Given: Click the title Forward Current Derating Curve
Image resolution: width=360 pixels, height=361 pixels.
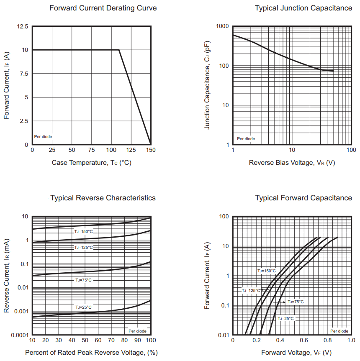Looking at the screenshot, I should coord(103,8).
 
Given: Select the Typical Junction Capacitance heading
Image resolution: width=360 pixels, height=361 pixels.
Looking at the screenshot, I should coord(303,8).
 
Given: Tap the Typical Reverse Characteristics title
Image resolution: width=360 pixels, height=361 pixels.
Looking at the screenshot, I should coord(103,198).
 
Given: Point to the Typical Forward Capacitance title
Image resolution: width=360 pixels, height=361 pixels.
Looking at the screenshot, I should coord(303,198).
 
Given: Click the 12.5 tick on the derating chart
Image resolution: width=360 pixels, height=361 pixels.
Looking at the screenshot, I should coord(23,26).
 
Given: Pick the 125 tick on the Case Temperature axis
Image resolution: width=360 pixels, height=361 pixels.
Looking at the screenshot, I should coord(131,150).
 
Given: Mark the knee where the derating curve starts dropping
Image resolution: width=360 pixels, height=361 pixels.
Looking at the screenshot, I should coord(119,50).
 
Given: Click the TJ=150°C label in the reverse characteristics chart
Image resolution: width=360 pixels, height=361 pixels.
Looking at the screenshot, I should coord(83,231).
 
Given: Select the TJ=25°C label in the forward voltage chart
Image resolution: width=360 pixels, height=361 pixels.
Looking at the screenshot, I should coord(285,318).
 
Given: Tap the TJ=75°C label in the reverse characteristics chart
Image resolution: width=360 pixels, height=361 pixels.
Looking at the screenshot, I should coord(83,280).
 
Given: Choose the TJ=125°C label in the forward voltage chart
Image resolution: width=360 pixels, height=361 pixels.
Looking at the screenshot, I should coord(251,290).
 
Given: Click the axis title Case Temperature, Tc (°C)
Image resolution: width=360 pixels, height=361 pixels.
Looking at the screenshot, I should coord(91,162).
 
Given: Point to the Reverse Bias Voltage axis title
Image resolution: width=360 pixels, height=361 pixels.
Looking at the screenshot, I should coord(292,162).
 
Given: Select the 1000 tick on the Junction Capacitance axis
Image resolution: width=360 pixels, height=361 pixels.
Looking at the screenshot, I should coord(222,26).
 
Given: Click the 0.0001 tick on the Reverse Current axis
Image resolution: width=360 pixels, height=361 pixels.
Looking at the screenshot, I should coord(19,335).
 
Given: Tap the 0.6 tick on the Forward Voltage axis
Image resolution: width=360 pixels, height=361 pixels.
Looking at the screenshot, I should coord(292,340).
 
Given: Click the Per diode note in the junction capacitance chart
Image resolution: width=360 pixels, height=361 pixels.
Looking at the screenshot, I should coord(246,138).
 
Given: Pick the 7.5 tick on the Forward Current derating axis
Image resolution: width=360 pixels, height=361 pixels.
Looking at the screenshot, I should coord(24,74).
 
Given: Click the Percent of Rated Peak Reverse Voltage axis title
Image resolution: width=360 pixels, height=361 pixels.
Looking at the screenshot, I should coord(91,352).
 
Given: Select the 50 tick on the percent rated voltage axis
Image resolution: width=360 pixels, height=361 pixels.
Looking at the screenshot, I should coord(85,340).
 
